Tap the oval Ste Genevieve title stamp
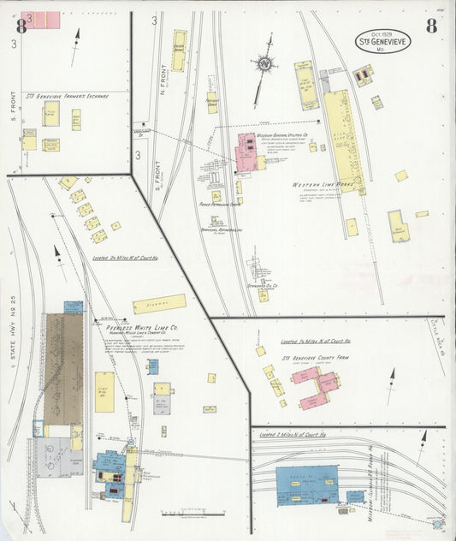pos(382,40)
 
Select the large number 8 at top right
pos(431,26)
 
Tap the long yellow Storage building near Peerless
pos(158,304)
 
